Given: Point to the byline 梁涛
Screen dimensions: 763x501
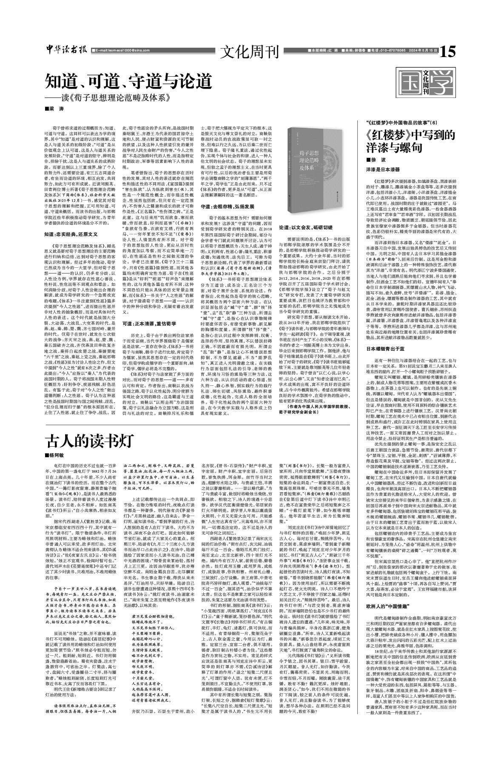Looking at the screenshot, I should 55,109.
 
